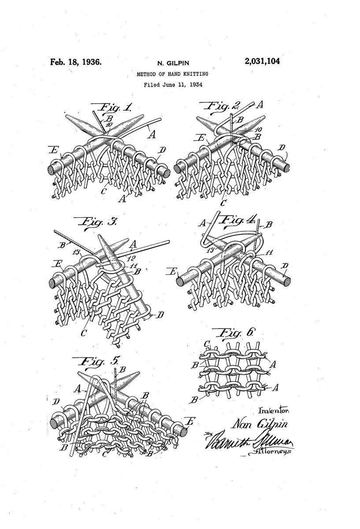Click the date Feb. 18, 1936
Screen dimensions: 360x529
(x=75, y=62)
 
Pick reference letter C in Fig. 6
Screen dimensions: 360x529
(x=207, y=343)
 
